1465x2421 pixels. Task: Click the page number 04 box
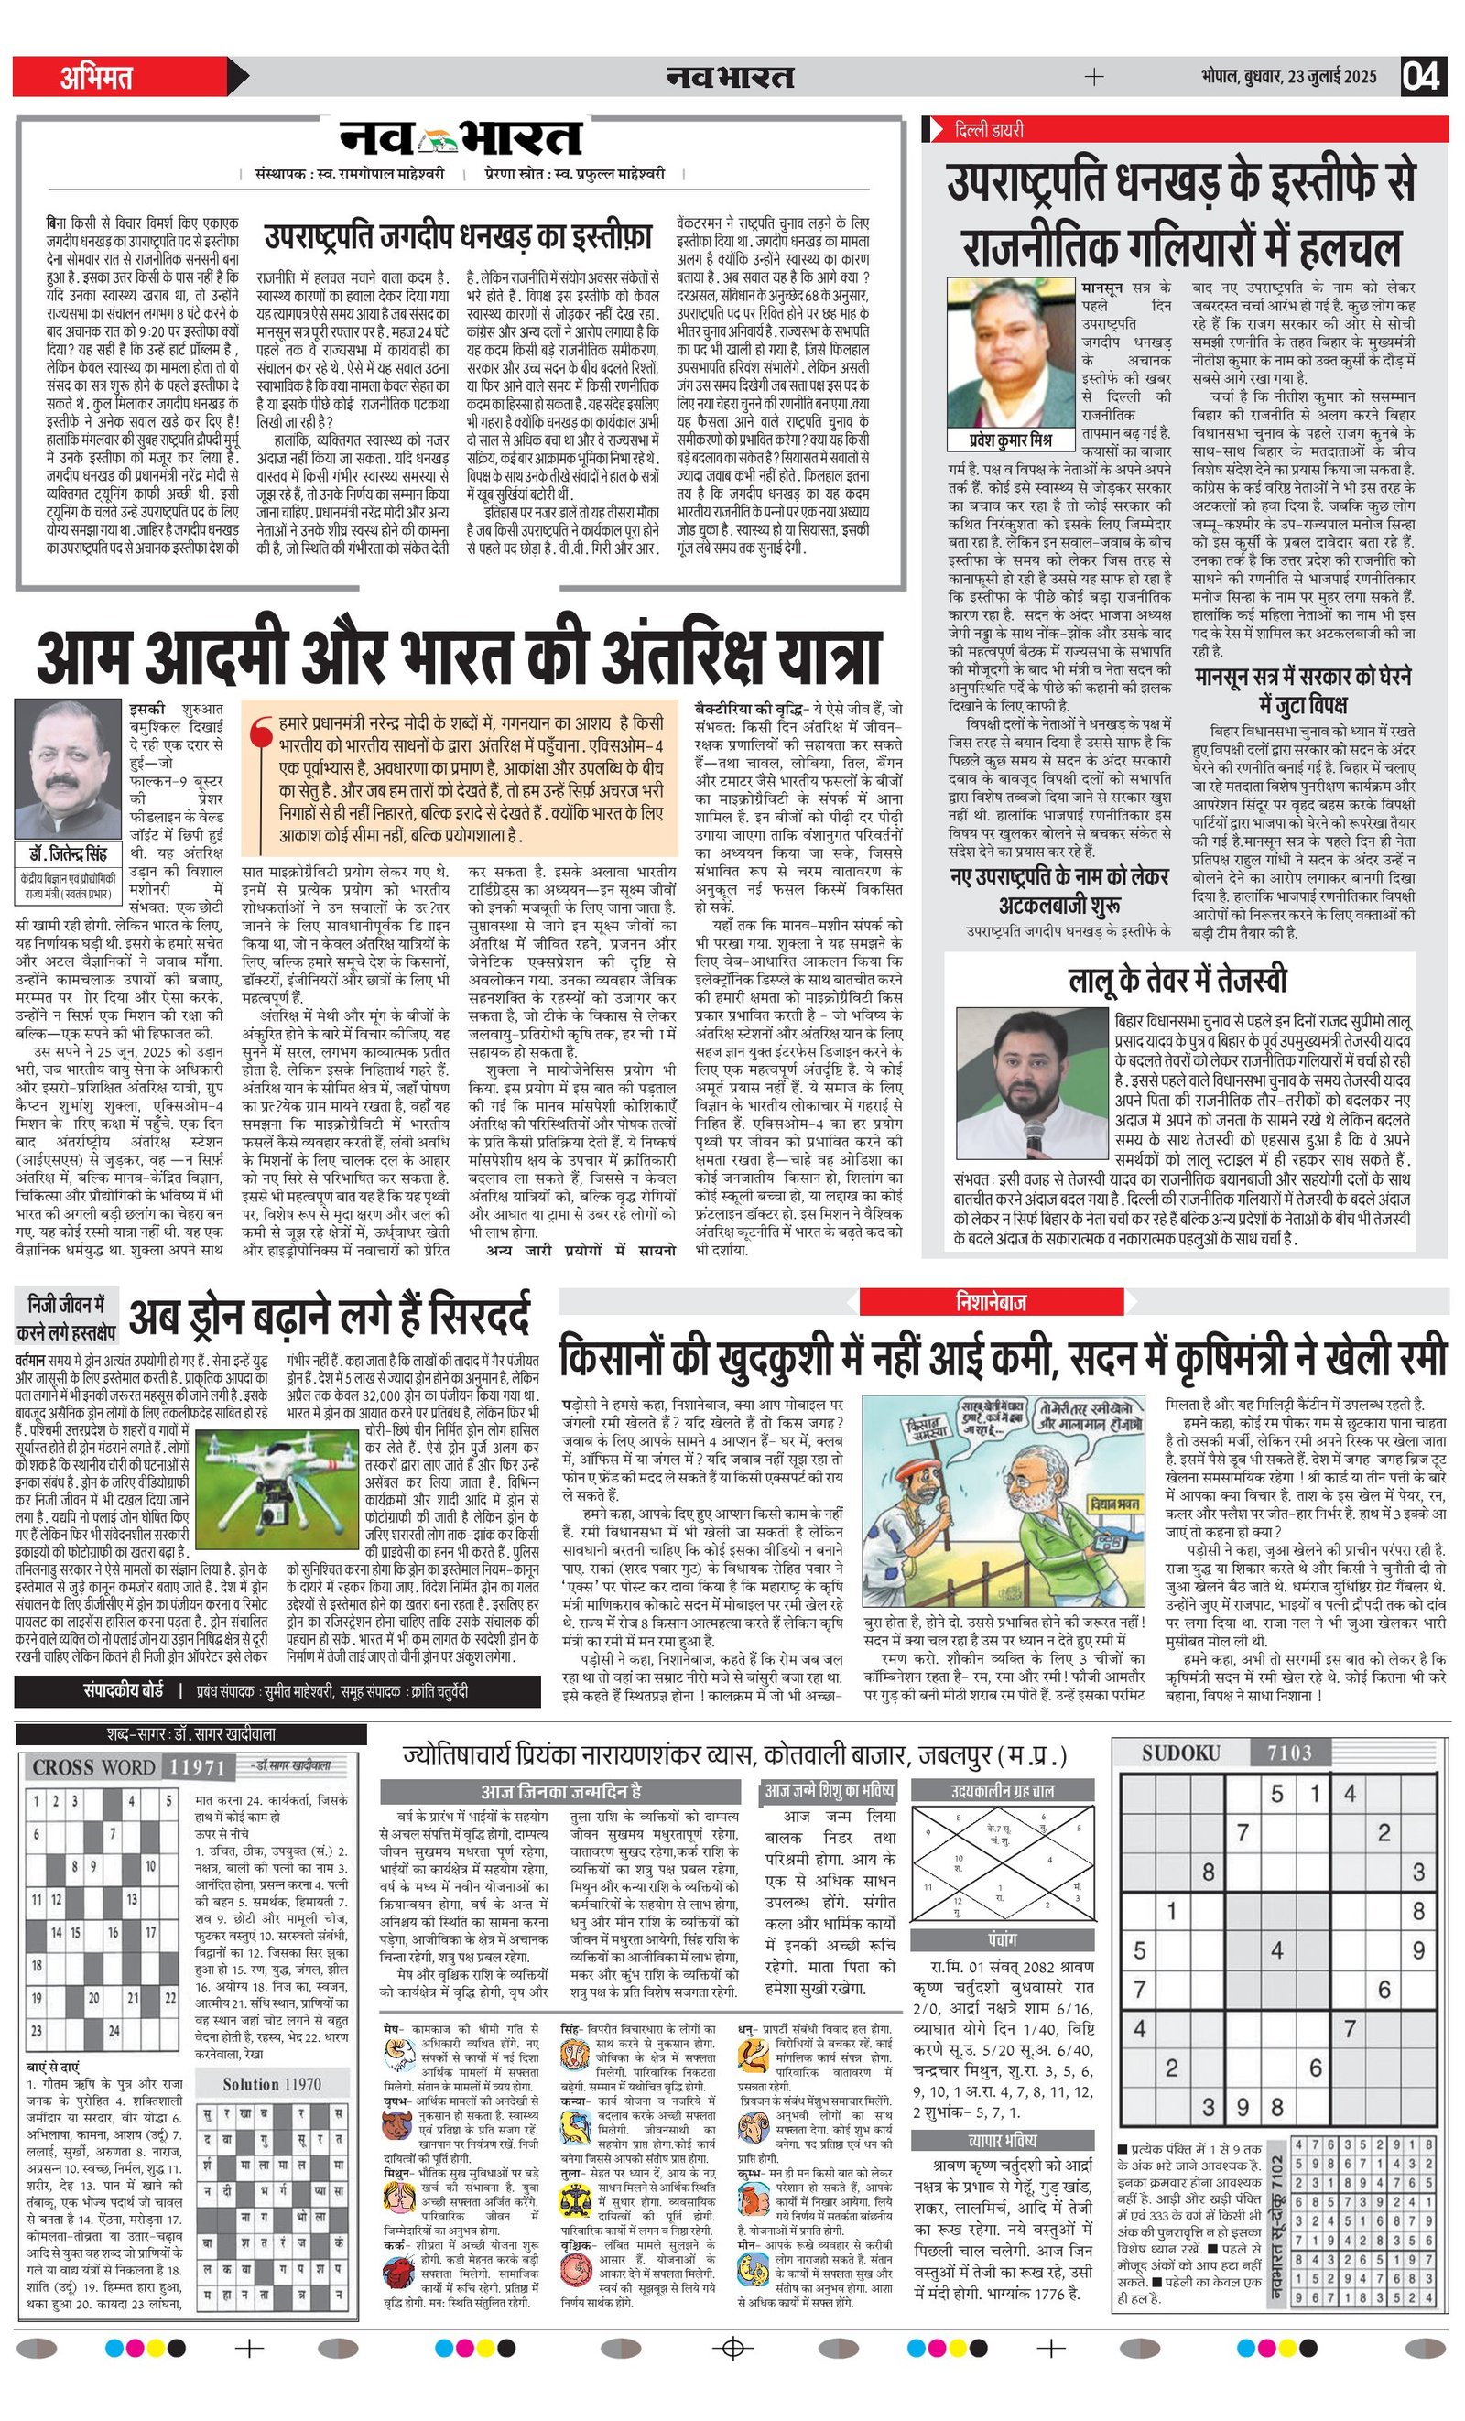point(1422,77)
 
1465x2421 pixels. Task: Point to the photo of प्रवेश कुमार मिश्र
point(1011,353)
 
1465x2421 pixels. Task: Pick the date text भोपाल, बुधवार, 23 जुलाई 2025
point(1287,77)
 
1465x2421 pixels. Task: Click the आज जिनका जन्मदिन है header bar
point(560,1791)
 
